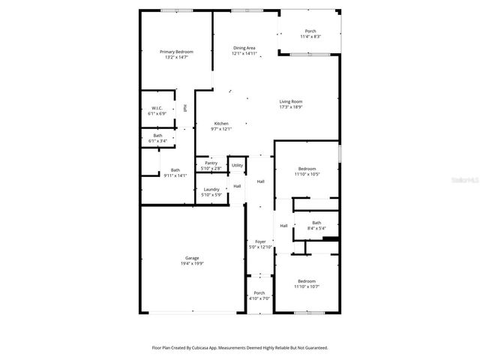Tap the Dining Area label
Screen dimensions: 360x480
[x=244, y=48]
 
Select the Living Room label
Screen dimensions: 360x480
[x=291, y=101]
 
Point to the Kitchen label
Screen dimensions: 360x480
[x=221, y=124]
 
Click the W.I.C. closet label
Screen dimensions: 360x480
[x=157, y=109]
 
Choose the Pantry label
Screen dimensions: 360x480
[x=211, y=163]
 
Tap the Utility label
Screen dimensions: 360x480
[x=237, y=165]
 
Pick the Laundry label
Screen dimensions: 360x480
[x=211, y=189]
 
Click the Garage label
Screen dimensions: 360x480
[x=193, y=258]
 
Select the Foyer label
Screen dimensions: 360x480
[x=260, y=241]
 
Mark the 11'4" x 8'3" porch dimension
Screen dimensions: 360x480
[x=310, y=36]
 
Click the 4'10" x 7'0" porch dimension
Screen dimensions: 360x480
[x=259, y=298]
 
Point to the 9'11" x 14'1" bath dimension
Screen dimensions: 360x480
[x=175, y=175]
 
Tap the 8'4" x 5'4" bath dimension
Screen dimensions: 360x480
[x=316, y=228]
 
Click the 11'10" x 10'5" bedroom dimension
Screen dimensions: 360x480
[x=306, y=174]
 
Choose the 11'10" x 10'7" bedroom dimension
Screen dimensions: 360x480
[x=306, y=286]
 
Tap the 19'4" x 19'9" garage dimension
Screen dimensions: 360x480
[x=193, y=263]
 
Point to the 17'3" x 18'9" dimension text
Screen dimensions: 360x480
[x=291, y=106]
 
